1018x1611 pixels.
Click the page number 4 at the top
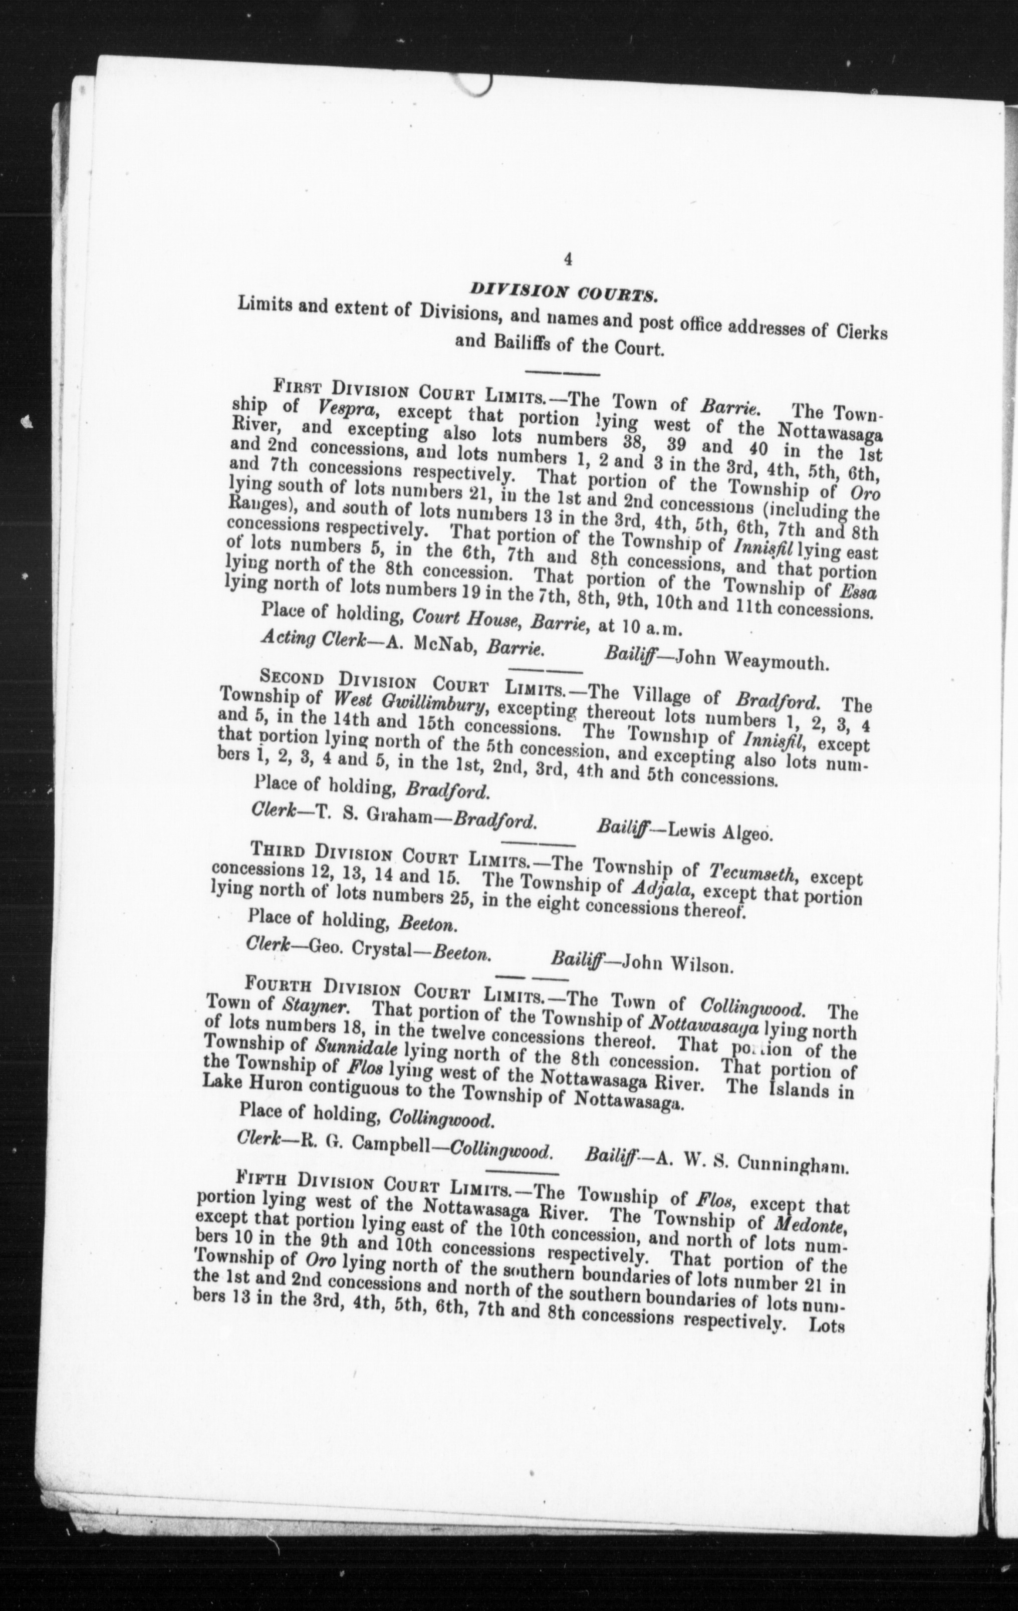[x=568, y=259]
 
